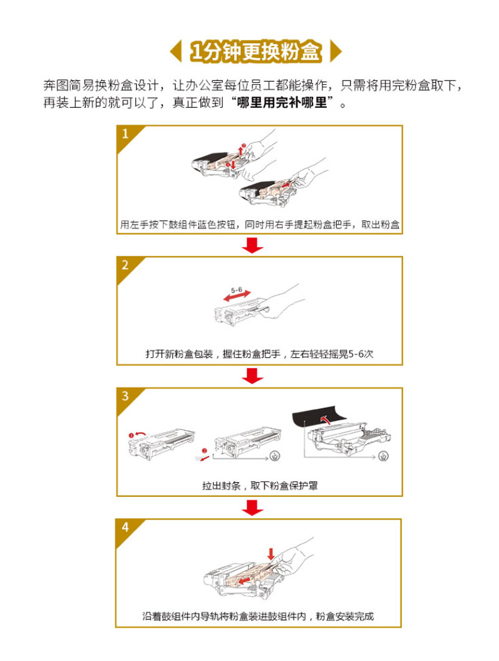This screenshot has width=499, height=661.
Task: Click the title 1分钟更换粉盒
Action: tap(256, 51)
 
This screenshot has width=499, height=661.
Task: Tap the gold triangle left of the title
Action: tap(177, 51)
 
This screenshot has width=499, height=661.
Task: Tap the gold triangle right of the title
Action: tap(335, 51)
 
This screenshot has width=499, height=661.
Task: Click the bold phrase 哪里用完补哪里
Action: tap(282, 102)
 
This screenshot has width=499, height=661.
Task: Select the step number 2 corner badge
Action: tap(126, 266)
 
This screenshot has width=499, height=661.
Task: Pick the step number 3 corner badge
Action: tap(126, 397)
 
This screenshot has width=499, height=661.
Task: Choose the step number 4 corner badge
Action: tap(126, 528)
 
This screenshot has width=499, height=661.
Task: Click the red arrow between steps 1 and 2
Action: tap(253, 245)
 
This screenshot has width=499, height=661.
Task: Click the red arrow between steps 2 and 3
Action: tap(253, 375)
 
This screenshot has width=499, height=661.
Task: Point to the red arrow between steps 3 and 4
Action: tap(253, 507)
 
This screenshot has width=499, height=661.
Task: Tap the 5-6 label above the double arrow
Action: tap(236, 290)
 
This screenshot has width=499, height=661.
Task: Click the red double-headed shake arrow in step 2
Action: tap(237, 296)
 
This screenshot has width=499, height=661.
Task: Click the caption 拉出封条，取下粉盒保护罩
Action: tap(260, 486)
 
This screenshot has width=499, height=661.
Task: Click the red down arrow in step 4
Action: tap(271, 554)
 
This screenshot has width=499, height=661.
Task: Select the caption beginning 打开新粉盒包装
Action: tap(259, 354)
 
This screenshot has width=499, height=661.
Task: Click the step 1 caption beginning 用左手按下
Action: tap(260, 224)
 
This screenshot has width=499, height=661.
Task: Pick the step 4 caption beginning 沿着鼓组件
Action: tap(258, 616)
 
